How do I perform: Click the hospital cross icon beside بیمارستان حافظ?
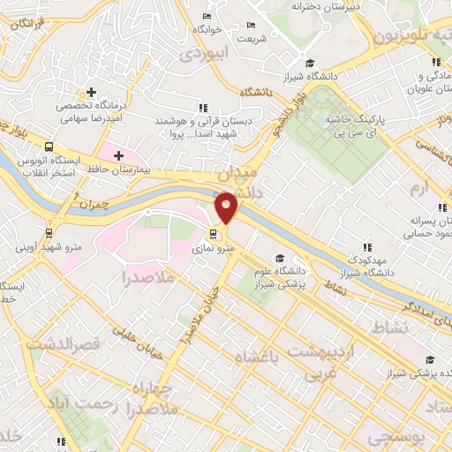point(118,155)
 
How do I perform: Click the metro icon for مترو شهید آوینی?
point(48,234)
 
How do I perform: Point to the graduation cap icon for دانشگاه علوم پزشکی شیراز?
point(280,259)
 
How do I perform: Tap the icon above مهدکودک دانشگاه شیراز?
point(366,248)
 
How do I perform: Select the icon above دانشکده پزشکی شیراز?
point(430,359)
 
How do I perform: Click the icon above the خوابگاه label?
point(207,17)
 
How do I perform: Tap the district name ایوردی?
point(204,53)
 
